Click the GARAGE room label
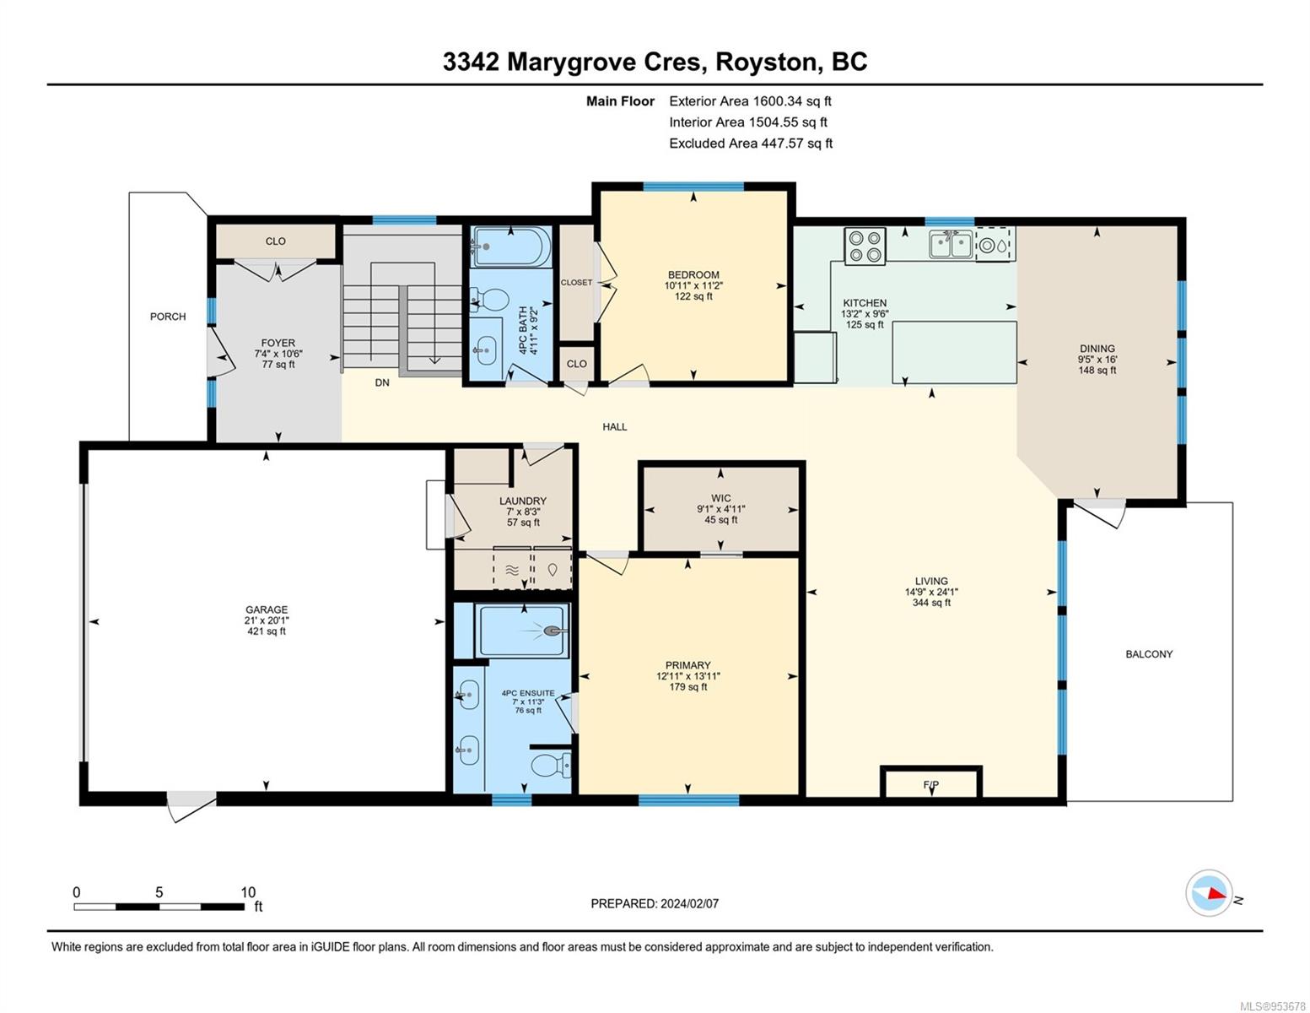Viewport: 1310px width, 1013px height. pos(266,610)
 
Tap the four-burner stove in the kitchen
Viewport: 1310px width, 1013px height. pos(865,246)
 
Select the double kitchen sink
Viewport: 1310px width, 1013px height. pos(951,245)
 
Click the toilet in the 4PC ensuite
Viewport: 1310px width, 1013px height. pos(551,765)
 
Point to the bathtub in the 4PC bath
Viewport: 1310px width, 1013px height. pos(511,246)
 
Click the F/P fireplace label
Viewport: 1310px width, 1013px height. pos(930,784)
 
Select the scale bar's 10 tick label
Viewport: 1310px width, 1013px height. pos(248,891)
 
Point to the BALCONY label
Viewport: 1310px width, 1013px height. pos(1149,654)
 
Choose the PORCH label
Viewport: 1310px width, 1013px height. pos(168,317)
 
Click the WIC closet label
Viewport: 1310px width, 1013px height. pos(721,498)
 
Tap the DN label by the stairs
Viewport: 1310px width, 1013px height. pos(382,382)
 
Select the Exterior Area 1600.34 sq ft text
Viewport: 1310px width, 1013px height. pos(750,101)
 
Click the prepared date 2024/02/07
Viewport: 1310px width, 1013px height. pos(690,904)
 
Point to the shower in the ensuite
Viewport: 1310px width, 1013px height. pos(522,631)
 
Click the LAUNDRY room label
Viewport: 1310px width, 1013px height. pos(523,501)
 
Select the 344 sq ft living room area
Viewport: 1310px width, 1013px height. pos(931,603)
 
